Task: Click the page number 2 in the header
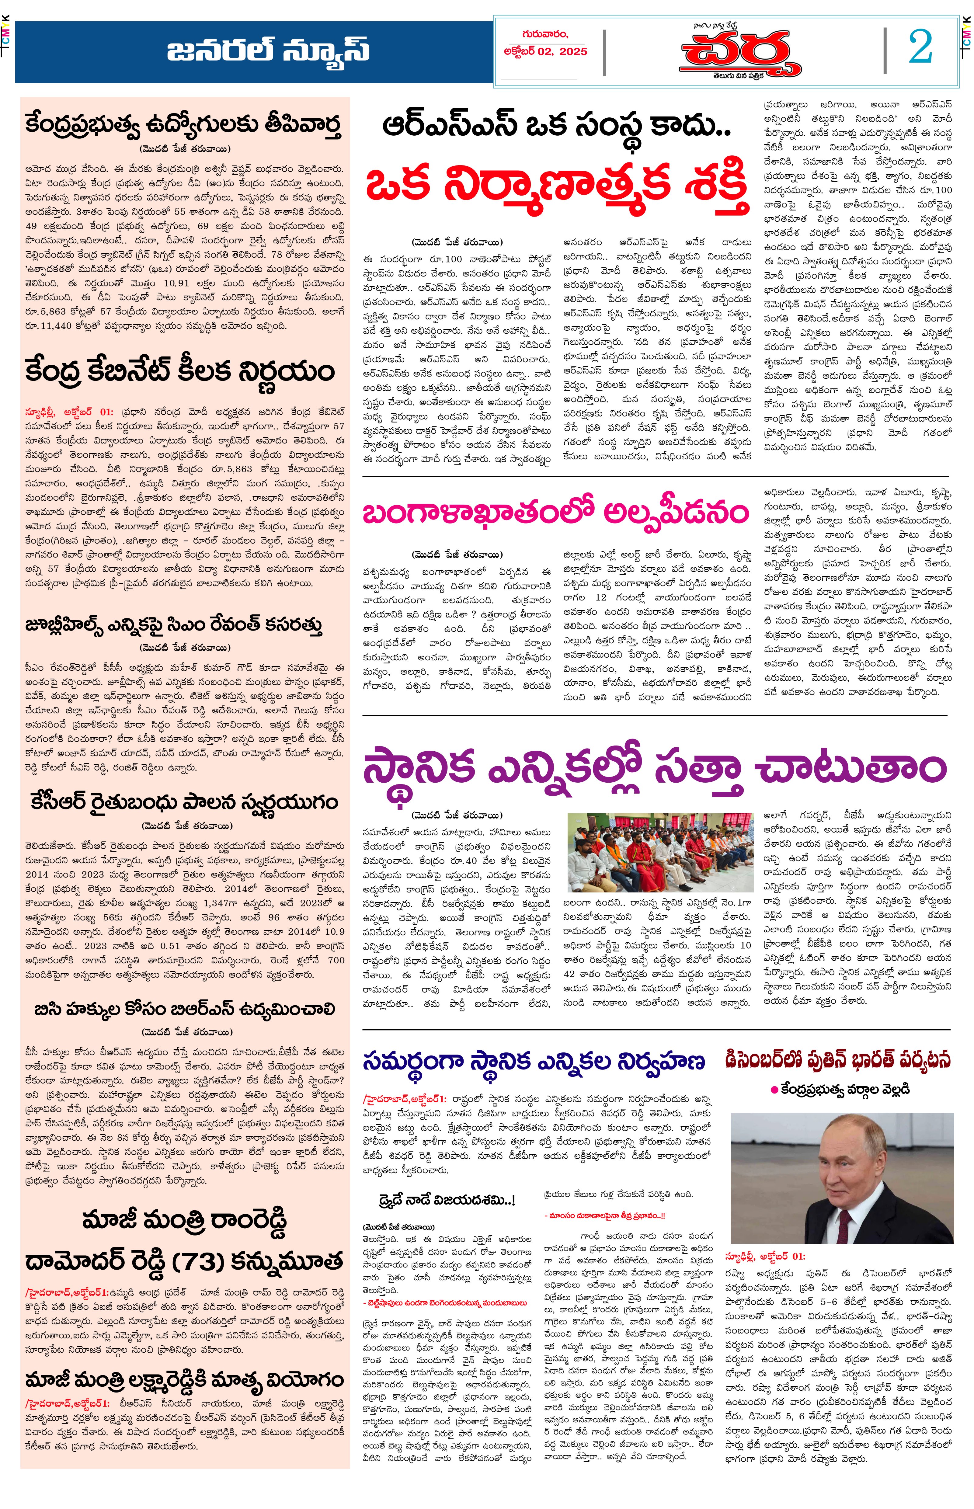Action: (920, 47)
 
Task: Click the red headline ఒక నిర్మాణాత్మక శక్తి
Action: (557, 185)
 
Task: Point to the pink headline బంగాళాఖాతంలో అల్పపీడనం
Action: (555, 512)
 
